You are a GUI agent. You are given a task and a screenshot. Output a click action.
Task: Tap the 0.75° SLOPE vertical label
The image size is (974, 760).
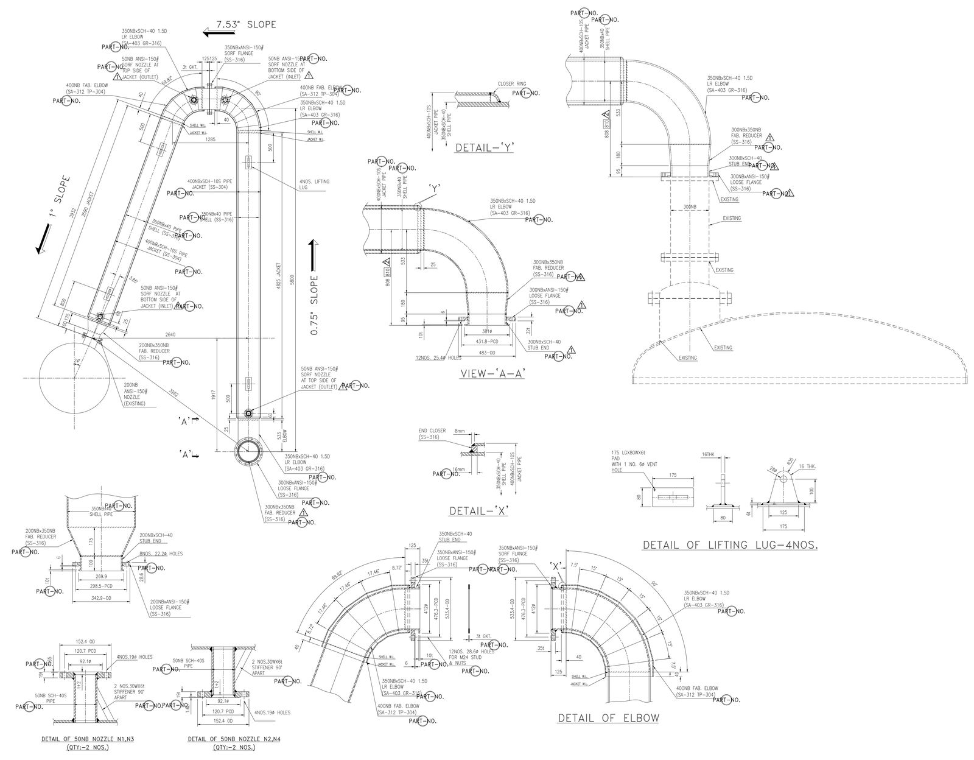314,304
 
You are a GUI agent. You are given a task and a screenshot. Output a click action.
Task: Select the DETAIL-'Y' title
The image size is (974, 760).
484,147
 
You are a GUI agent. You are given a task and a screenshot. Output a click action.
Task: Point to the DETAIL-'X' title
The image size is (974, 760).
478,510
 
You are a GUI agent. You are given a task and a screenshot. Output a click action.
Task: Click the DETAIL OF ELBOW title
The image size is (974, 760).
608,717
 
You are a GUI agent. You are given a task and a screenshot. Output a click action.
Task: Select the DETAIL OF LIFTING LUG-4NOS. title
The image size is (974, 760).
730,545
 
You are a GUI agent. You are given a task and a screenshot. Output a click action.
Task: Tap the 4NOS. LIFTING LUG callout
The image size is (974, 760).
314,185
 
